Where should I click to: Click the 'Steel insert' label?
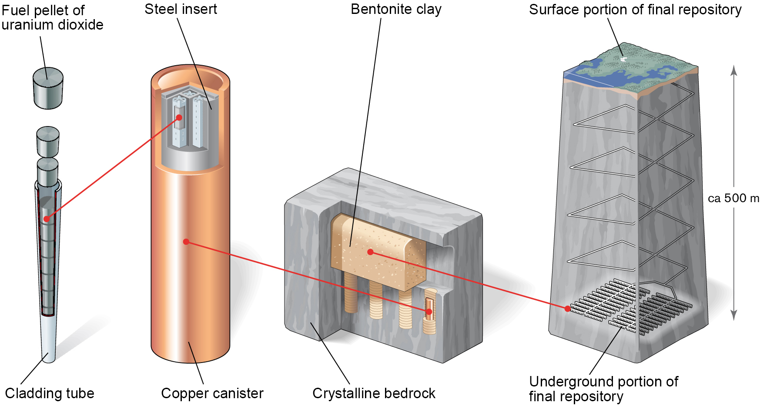181,9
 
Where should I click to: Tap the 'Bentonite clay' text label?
396,9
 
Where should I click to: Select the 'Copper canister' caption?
212,393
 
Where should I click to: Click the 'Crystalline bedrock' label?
374,393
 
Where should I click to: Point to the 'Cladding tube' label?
50,393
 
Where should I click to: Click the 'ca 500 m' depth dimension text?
733,198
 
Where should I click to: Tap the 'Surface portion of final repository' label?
635,10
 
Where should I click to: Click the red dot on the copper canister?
186,242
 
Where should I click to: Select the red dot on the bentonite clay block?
370,252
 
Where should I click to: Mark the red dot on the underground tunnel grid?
568,309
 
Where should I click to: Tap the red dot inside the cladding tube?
47,219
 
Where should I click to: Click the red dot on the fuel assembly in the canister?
179,117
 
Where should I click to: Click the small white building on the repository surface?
623,59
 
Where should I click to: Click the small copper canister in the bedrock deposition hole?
429,309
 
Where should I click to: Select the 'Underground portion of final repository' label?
603,389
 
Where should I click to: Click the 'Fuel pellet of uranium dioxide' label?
52,17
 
